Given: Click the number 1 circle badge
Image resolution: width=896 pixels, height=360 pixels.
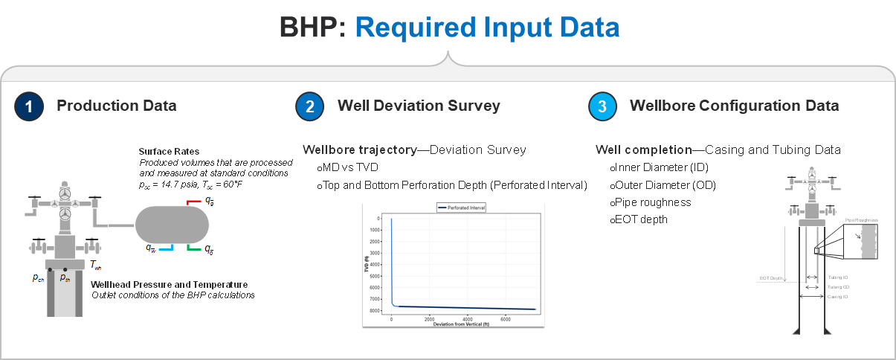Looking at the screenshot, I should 29,106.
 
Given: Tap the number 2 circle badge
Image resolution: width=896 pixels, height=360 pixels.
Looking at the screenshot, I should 309,106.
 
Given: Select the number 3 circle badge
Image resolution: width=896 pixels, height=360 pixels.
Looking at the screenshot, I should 602,106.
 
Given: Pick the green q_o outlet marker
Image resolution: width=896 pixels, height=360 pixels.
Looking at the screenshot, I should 194,247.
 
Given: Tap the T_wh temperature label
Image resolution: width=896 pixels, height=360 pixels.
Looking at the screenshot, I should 96,264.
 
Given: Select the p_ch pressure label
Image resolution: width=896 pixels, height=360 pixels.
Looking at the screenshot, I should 38,277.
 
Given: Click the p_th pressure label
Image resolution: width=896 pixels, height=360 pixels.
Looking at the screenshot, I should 65,277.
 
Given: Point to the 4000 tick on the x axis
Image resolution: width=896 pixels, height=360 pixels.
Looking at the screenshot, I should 467,319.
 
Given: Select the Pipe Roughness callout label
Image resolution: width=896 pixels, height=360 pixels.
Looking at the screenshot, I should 862,220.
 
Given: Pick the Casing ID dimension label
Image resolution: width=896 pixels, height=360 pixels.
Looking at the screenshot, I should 837,296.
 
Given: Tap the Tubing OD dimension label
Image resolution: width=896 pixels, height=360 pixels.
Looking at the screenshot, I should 838,286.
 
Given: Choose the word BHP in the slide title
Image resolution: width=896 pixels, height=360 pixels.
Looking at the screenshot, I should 312,28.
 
